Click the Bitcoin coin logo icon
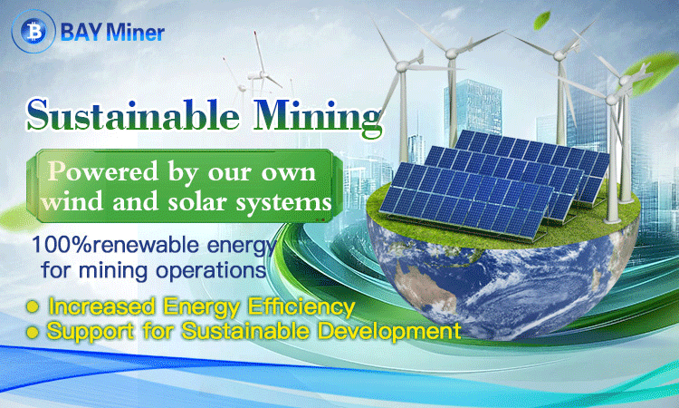[x=33, y=31]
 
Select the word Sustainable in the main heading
[x=133, y=115]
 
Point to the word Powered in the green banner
[x=103, y=171]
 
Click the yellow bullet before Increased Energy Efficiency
[x=33, y=307]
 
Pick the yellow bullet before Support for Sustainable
[x=33, y=333]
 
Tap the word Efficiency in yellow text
[x=301, y=307]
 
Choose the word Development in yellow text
[x=389, y=331]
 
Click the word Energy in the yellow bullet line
[x=202, y=308]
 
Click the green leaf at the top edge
[x=541, y=20]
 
